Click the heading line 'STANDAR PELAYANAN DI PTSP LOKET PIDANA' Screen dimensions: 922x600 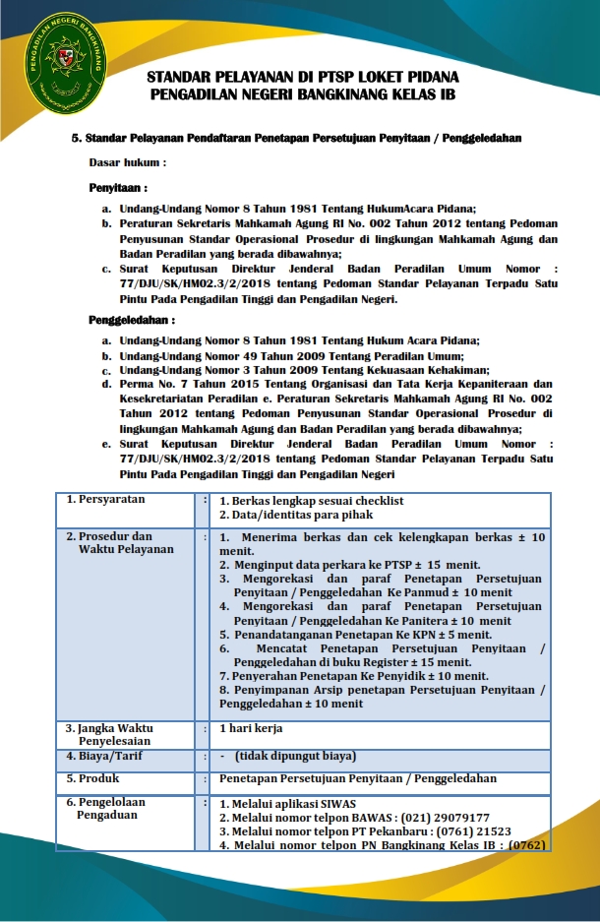point(303,77)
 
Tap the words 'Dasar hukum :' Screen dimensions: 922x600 point(128,161)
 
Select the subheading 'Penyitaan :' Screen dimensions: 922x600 point(118,187)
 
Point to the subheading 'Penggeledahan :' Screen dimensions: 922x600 point(132,320)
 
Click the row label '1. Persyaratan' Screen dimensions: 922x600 point(105,500)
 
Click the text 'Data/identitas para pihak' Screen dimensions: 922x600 point(302,515)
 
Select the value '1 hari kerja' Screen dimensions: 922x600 point(251,729)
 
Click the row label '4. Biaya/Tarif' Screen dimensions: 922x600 point(104,757)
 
